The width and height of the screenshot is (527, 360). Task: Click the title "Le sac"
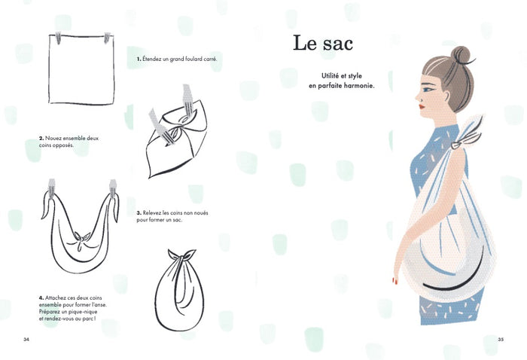pyautogui.click(x=323, y=43)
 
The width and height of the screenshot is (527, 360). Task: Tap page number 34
pyautogui.click(x=26, y=340)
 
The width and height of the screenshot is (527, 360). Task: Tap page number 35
pyautogui.click(x=501, y=340)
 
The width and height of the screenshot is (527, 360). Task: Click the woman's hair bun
pyautogui.click(x=461, y=55)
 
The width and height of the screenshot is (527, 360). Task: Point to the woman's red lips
pyautogui.click(x=422, y=107)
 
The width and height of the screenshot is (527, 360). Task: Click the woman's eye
pyautogui.click(x=427, y=90)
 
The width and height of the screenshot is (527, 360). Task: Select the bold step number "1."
pyautogui.click(x=139, y=59)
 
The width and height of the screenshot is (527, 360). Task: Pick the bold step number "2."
pyautogui.click(x=41, y=138)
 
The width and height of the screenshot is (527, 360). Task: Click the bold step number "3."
pyautogui.click(x=139, y=213)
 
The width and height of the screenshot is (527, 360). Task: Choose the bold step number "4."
pyautogui.click(x=41, y=297)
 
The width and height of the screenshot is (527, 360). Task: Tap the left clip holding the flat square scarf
pyautogui.click(x=58, y=38)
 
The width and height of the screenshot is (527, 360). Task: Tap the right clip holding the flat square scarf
pyautogui.click(x=107, y=38)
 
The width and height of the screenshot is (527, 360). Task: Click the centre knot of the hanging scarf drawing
pyautogui.click(x=81, y=239)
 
